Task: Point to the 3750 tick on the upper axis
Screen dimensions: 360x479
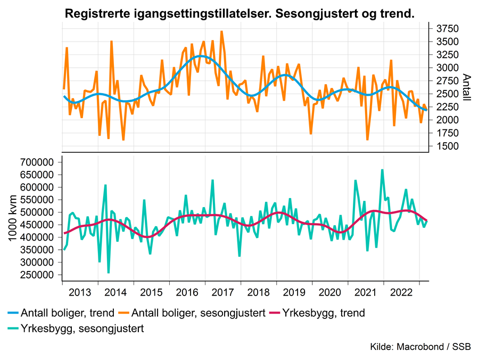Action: point(444,28)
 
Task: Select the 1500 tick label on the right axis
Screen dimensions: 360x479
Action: point(444,146)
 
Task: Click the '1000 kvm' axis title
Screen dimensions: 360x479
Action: point(13,218)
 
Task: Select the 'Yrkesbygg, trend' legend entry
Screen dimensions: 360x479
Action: point(324,313)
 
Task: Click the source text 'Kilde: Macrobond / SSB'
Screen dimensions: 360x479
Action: point(420,347)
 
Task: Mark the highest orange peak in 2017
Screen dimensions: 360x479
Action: point(221,31)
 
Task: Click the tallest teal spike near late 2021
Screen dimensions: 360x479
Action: point(382,170)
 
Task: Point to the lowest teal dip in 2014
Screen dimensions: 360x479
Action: point(109,273)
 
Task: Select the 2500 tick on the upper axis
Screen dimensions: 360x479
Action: point(444,94)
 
